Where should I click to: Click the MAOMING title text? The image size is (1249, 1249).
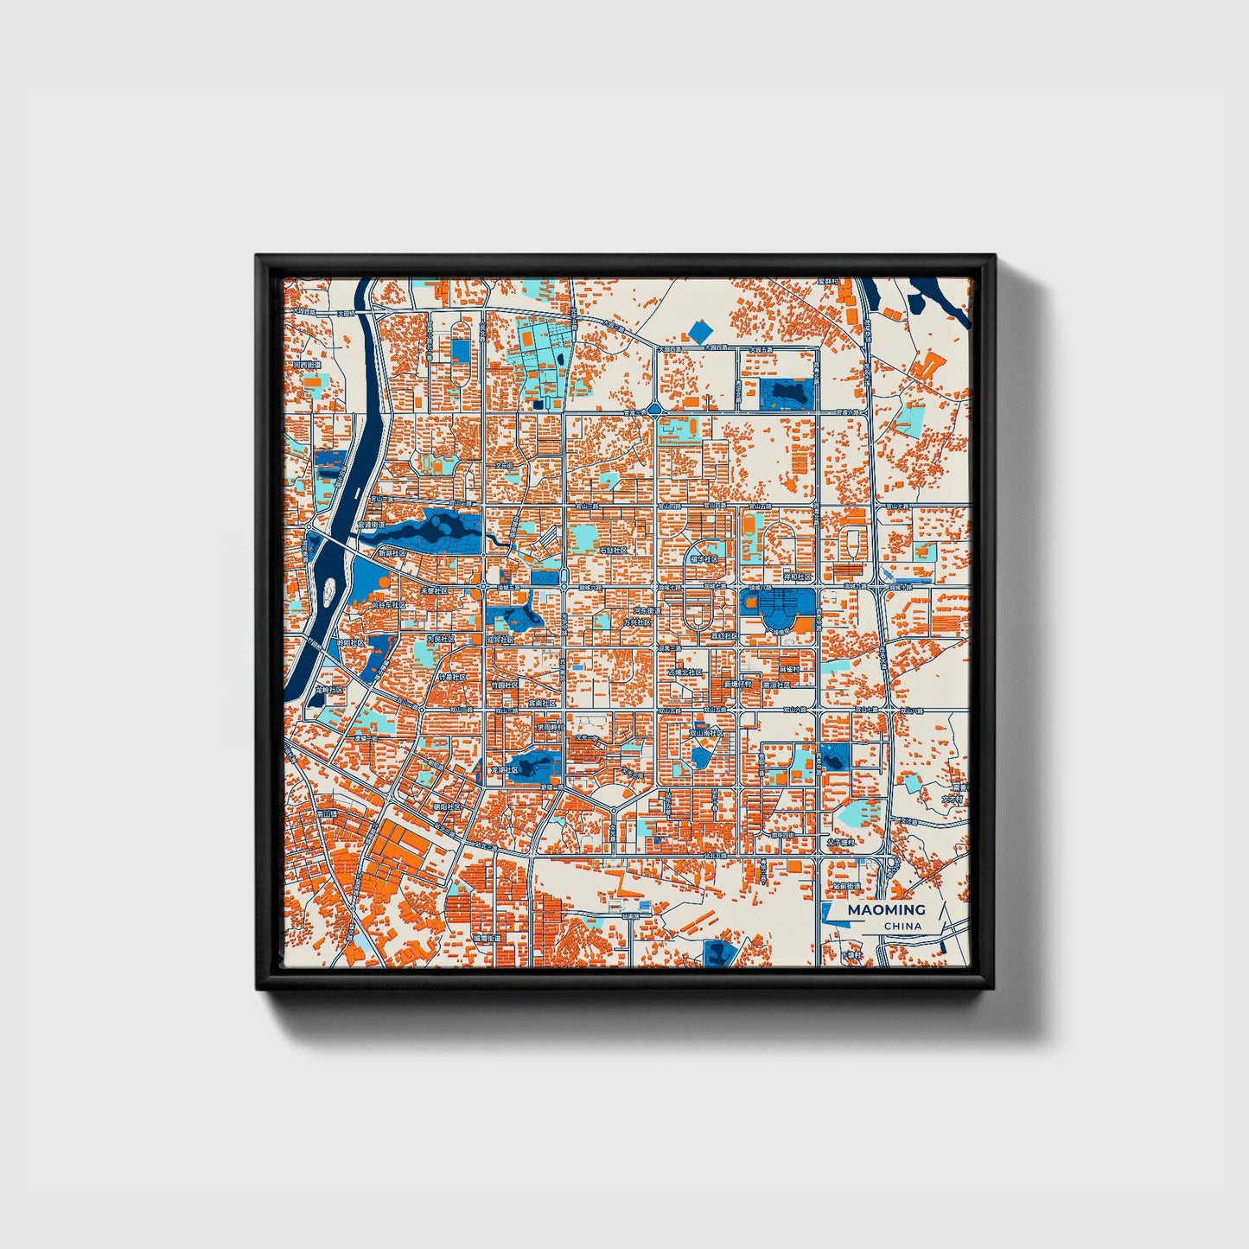(x=886, y=909)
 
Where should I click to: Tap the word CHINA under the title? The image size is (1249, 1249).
(x=902, y=927)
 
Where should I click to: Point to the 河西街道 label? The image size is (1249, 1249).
(x=307, y=366)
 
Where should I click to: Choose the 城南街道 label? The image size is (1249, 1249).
(x=487, y=938)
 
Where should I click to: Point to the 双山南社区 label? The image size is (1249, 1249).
(x=705, y=732)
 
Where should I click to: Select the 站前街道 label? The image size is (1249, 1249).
(x=847, y=887)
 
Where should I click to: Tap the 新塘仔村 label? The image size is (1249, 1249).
(x=737, y=684)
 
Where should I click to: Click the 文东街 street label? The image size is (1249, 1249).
(x=504, y=466)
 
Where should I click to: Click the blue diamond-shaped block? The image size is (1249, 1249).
(x=700, y=330)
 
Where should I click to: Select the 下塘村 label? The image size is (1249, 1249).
(x=853, y=955)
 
